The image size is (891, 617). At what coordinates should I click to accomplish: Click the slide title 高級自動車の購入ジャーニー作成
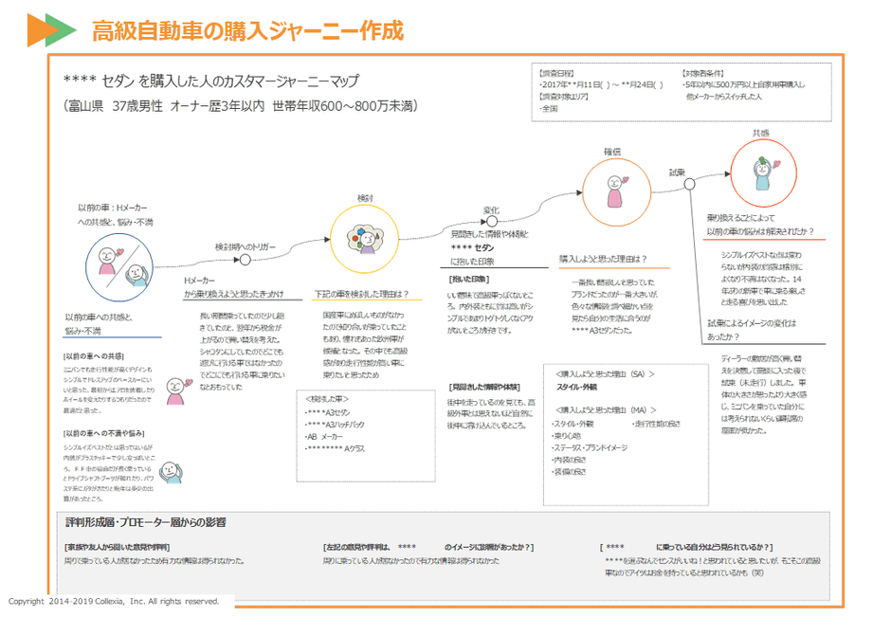[247, 31]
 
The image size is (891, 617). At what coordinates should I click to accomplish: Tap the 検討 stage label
[366, 197]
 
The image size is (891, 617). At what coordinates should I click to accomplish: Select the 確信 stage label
[612, 152]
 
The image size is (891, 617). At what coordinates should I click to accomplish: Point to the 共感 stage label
[761, 134]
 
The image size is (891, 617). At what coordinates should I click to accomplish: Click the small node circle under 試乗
[689, 185]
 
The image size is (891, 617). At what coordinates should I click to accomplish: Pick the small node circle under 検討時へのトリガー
[245, 260]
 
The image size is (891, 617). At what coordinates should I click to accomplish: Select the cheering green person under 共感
[763, 173]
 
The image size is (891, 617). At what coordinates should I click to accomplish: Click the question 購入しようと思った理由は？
[603, 258]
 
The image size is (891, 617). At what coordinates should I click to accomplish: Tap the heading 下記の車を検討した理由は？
[361, 293]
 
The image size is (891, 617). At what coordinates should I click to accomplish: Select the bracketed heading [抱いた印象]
[468, 279]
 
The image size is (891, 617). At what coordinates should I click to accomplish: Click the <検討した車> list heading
[329, 400]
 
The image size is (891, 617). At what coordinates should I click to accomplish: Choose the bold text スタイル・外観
[576, 387]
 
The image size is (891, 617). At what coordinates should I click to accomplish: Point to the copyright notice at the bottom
[114, 601]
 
